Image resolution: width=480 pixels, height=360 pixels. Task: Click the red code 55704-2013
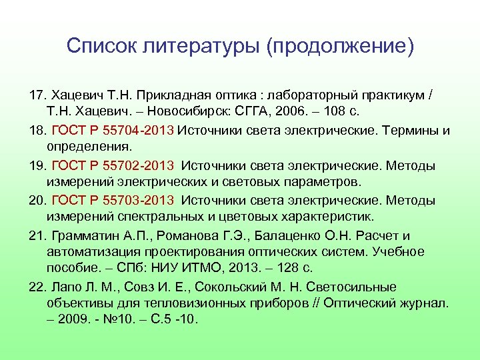point(141,130)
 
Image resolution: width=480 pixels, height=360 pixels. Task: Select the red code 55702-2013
point(141,165)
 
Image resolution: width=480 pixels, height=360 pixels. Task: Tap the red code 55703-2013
point(141,201)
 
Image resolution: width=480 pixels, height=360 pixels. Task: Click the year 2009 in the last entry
point(73,319)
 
